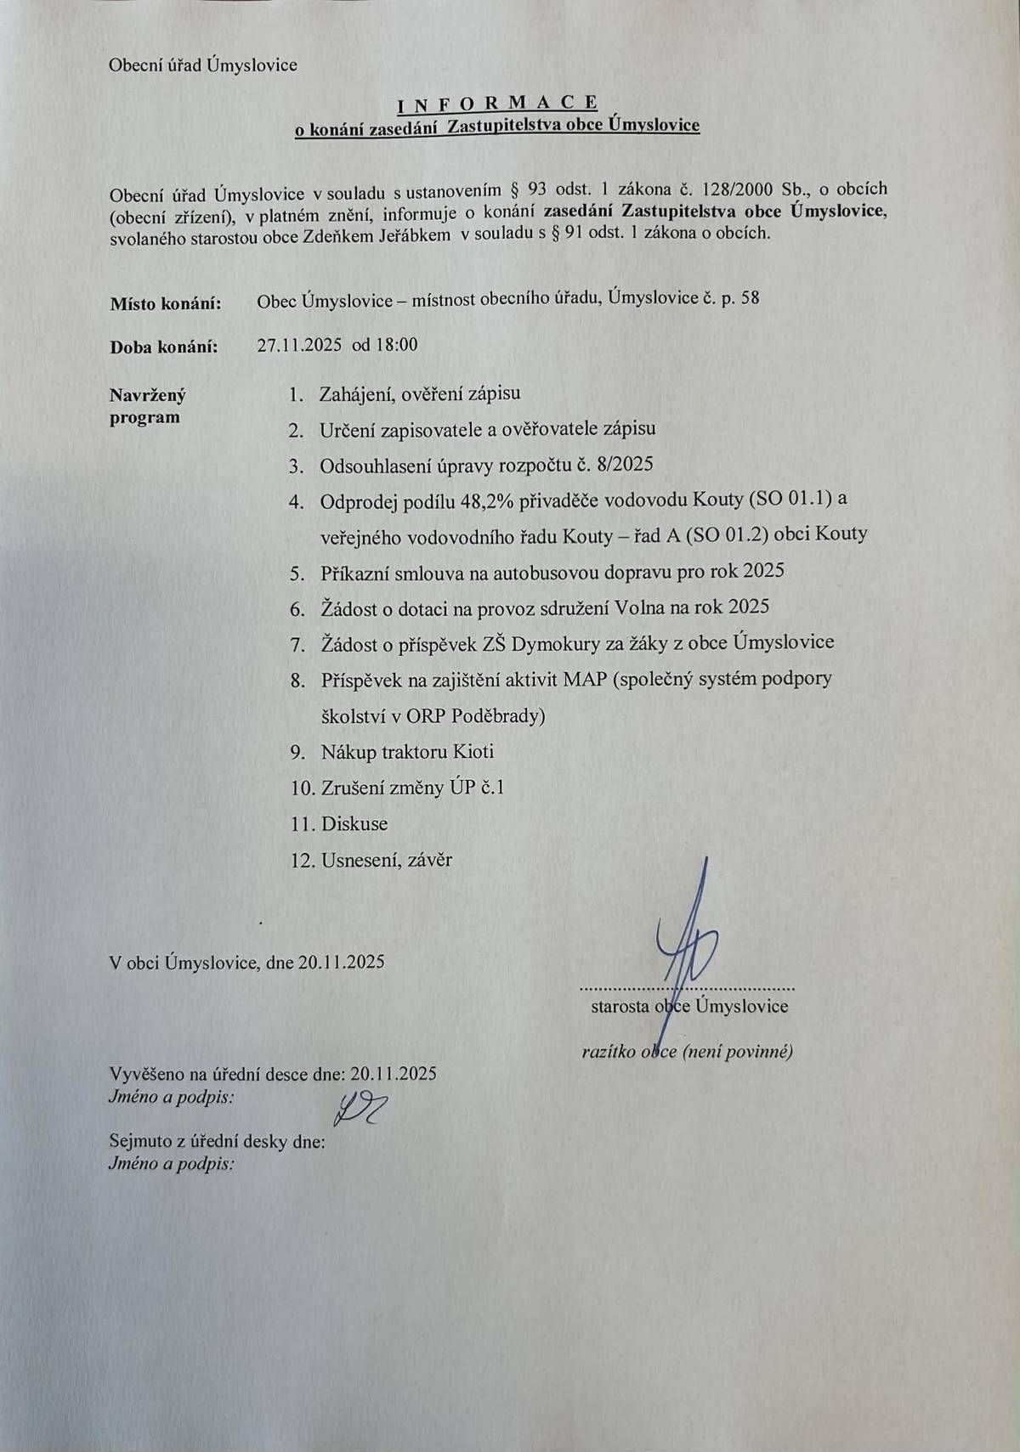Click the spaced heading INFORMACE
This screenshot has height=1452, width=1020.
(x=497, y=103)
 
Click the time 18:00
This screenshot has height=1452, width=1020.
(x=396, y=345)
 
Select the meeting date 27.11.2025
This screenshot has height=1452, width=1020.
(x=299, y=345)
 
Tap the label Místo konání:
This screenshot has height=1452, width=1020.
(x=166, y=303)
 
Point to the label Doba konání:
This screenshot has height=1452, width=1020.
(x=164, y=347)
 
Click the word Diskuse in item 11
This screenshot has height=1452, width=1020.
(x=354, y=823)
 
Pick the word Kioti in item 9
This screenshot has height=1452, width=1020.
(x=473, y=752)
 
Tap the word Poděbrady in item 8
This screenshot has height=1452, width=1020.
(x=498, y=716)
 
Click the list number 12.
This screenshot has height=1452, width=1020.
(x=303, y=860)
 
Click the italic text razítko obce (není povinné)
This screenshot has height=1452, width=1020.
(x=687, y=1052)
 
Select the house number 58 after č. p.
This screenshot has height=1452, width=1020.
(x=750, y=298)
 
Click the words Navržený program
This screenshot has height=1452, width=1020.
(x=147, y=406)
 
